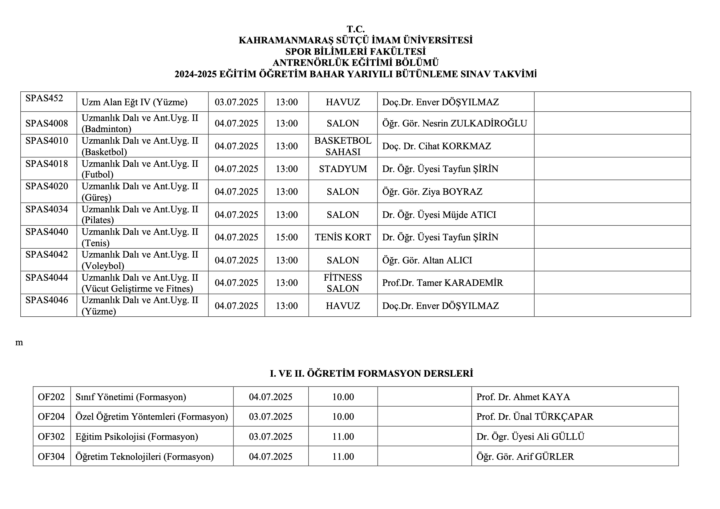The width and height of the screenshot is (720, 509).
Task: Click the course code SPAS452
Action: tap(44, 98)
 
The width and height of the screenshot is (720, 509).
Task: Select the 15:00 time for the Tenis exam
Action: tap(287, 237)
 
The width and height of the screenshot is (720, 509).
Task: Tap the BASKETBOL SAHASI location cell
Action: tap(343, 146)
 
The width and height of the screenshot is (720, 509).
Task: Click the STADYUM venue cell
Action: tap(343, 169)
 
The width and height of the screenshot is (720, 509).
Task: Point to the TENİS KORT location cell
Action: tap(343, 237)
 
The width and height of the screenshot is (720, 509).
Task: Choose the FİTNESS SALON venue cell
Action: tap(343, 283)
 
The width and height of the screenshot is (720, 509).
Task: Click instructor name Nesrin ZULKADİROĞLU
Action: tap(455, 123)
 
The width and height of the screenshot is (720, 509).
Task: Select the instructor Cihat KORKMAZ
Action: tap(436, 146)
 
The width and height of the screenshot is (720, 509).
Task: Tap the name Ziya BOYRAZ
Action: tap(432, 191)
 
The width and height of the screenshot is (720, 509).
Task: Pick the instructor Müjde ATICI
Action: tap(439, 215)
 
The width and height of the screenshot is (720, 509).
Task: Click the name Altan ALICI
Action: tap(427, 260)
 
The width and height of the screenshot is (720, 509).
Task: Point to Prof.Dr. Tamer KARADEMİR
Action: tap(443, 283)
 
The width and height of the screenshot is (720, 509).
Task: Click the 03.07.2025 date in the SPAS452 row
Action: tap(237, 102)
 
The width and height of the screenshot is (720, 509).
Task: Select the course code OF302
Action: tap(51, 437)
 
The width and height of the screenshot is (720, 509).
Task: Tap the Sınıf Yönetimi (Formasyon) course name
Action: tap(131, 397)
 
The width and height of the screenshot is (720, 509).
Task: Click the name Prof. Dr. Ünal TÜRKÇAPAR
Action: tap(535, 417)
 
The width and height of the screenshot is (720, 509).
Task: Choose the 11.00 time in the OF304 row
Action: tap(343, 457)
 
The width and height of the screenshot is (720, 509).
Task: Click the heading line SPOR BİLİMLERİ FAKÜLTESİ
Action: tap(356, 51)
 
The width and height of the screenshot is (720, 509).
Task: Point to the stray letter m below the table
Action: tap(19, 343)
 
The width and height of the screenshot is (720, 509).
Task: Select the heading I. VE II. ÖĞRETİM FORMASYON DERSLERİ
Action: tap(371, 374)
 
